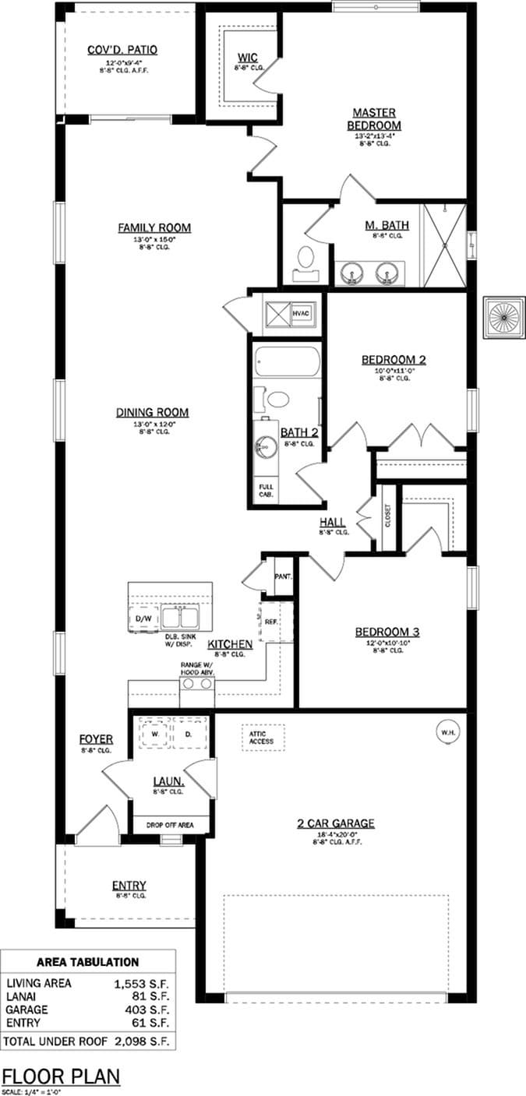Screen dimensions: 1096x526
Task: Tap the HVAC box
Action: coord(302,313)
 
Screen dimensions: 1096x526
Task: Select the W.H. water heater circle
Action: coord(447,732)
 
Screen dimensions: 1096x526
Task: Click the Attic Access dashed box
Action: coord(262,737)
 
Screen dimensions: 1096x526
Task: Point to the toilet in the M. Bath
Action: coord(306,256)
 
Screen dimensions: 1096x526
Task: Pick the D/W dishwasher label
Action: coord(143,618)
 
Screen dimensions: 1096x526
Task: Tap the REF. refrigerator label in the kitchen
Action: coord(271,622)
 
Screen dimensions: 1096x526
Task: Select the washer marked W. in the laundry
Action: coord(155,734)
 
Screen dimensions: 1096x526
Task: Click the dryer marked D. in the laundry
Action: coord(188,734)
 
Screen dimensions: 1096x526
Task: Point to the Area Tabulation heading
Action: coord(87,962)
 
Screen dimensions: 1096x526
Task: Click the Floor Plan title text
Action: coord(62,1076)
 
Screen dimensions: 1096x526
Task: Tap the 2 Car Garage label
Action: coord(337,823)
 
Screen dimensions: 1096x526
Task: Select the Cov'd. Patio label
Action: coord(122,50)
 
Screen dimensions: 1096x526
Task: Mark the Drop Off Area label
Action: coord(170,825)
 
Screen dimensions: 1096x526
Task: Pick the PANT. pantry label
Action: coord(282,577)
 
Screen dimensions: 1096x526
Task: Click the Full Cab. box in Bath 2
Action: coord(266,491)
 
